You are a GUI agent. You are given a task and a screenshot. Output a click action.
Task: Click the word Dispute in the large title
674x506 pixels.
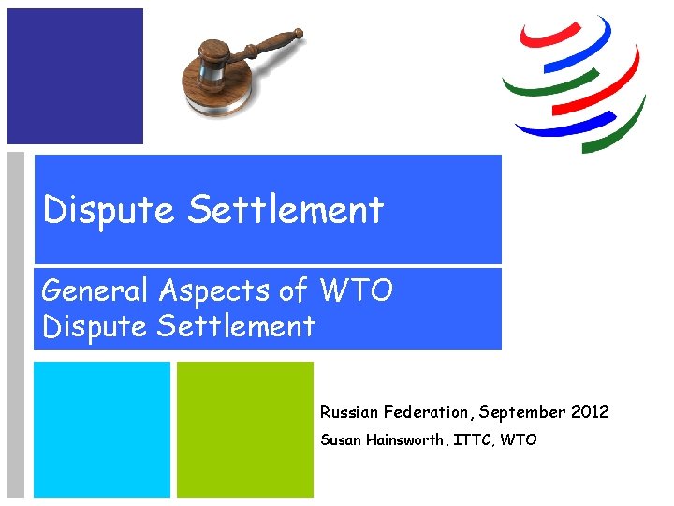coord(109,210)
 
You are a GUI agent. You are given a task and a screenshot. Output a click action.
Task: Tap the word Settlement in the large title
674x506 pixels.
coord(285,210)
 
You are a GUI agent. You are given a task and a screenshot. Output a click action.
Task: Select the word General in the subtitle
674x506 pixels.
coord(95,291)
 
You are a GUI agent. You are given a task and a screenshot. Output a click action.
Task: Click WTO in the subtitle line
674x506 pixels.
coord(357,291)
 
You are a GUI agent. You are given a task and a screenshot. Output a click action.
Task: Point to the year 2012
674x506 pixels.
coord(589,412)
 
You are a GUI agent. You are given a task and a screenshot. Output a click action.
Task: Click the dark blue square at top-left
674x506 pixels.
coord(75,76)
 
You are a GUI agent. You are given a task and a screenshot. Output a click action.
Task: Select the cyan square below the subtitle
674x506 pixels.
coord(102,429)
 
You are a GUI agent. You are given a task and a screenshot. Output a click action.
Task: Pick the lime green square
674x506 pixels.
coord(245,429)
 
